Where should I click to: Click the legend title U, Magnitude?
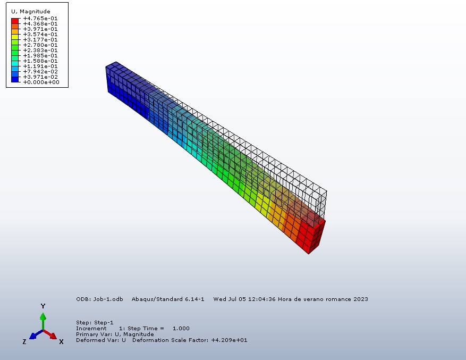coord(31,12)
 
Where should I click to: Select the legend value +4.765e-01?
coord(40,19)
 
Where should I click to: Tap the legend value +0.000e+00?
coord(41,82)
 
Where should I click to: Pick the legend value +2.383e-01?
coord(40,51)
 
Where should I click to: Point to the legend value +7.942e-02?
coord(40,72)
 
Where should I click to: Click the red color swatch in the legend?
coord(15,21)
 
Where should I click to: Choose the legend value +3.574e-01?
coord(40,35)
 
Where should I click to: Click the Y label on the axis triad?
coord(43,306)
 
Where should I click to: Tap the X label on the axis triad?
coord(61,342)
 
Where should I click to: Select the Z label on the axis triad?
coord(24,342)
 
